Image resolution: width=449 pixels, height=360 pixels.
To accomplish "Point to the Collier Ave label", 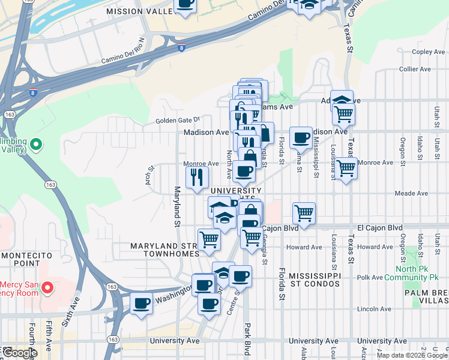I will tap(415, 69).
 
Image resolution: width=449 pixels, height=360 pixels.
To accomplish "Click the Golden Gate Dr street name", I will tap(177, 120).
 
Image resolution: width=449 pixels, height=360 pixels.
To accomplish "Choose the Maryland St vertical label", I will tap(178, 206).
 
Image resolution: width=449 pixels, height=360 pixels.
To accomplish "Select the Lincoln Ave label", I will tap(373, 308).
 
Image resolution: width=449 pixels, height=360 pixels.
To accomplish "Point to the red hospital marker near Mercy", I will tap(46, 288).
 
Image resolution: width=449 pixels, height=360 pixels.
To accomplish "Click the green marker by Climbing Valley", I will tap(35, 144).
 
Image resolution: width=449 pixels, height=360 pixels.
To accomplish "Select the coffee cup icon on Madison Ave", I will tap(300, 137).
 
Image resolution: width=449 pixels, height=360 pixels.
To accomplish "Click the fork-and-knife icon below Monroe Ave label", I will tap(196, 176).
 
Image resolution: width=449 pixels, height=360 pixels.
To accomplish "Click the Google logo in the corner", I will tap(19, 353).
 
